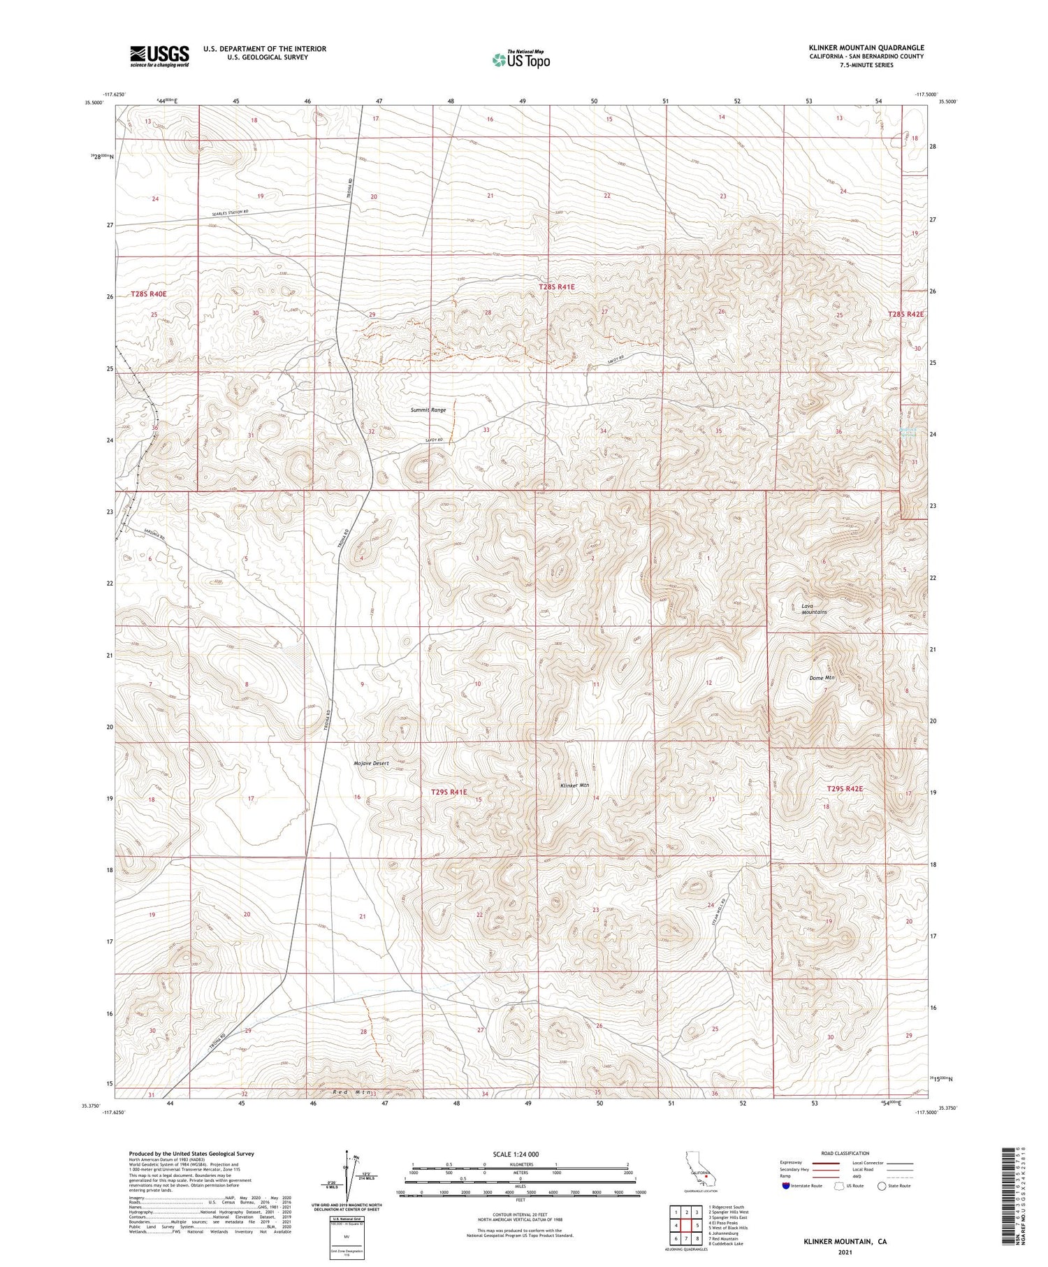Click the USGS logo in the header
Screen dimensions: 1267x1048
(x=159, y=56)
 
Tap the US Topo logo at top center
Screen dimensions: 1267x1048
(x=521, y=59)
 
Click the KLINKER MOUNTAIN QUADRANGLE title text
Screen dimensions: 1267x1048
(x=866, y=48)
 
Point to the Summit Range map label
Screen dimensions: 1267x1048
(x=428, y=410)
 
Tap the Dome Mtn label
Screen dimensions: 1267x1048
(x=822, y=678)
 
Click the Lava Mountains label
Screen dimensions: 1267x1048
(x=814, y=609)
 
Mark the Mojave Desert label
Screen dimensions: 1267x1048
(x=371, y=763)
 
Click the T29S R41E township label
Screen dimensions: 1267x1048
(x=448, y=792)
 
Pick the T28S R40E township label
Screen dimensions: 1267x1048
(x=149, y=294)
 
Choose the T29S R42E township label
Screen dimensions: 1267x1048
(x=845, y=788)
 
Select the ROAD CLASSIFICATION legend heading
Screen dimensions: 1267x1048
(x=845, y=1153)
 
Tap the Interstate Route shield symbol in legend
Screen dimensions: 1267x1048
(x=786, y=1186)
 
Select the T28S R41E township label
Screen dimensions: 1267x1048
(x=556, y=287)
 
